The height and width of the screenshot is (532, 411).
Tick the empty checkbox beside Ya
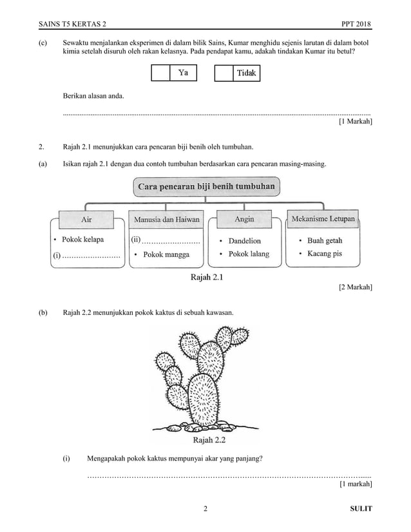tap(159, 73)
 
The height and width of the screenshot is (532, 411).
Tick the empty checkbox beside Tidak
tap(222, 73)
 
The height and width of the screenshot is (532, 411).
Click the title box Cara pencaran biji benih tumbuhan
tap(206, 187)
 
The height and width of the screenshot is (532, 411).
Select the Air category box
tap(86, 219)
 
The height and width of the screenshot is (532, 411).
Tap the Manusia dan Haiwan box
tap(166, 219)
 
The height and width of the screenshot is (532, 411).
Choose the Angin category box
tap(244, 219)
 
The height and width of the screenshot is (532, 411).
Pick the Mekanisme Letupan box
tap(323, 219)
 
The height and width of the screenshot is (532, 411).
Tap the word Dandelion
tap(244, 241)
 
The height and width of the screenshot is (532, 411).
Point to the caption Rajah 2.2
tap(207, 441)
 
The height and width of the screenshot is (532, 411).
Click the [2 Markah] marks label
tap(355, 288)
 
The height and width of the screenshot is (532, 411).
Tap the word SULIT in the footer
tap(361, 509)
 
